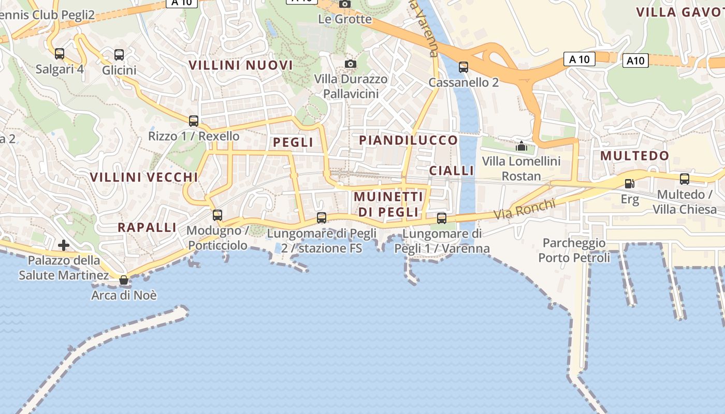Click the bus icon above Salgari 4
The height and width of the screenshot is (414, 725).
coord(60,54)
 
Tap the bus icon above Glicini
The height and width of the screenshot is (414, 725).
coord(119,54)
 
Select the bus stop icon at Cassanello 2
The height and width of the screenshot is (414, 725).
coord(463,67)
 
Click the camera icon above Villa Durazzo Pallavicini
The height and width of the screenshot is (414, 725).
coord(351,64)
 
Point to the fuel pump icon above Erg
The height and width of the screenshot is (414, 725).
coord(630,183)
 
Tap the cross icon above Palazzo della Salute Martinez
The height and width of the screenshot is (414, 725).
coord(64,245)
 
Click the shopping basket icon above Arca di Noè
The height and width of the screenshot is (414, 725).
coord(124,280)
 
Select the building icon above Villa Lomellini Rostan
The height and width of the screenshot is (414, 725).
coord(521,146)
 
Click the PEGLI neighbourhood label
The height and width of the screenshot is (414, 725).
coord(293,142)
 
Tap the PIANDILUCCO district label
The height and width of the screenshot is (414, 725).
coord(409,140)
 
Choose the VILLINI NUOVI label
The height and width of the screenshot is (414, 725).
coord(241,65)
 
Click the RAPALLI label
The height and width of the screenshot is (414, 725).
coord(147,227)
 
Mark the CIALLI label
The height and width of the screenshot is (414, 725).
coord(452,171)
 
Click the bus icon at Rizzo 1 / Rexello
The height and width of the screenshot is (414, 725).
coord(194,121)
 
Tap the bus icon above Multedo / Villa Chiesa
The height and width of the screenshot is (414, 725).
coord(685,180)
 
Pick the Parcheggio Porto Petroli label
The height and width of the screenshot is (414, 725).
coord(574,250)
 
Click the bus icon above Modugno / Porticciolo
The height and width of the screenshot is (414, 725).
coord(218,215)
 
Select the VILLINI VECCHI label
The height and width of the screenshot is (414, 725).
coord(144,177)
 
